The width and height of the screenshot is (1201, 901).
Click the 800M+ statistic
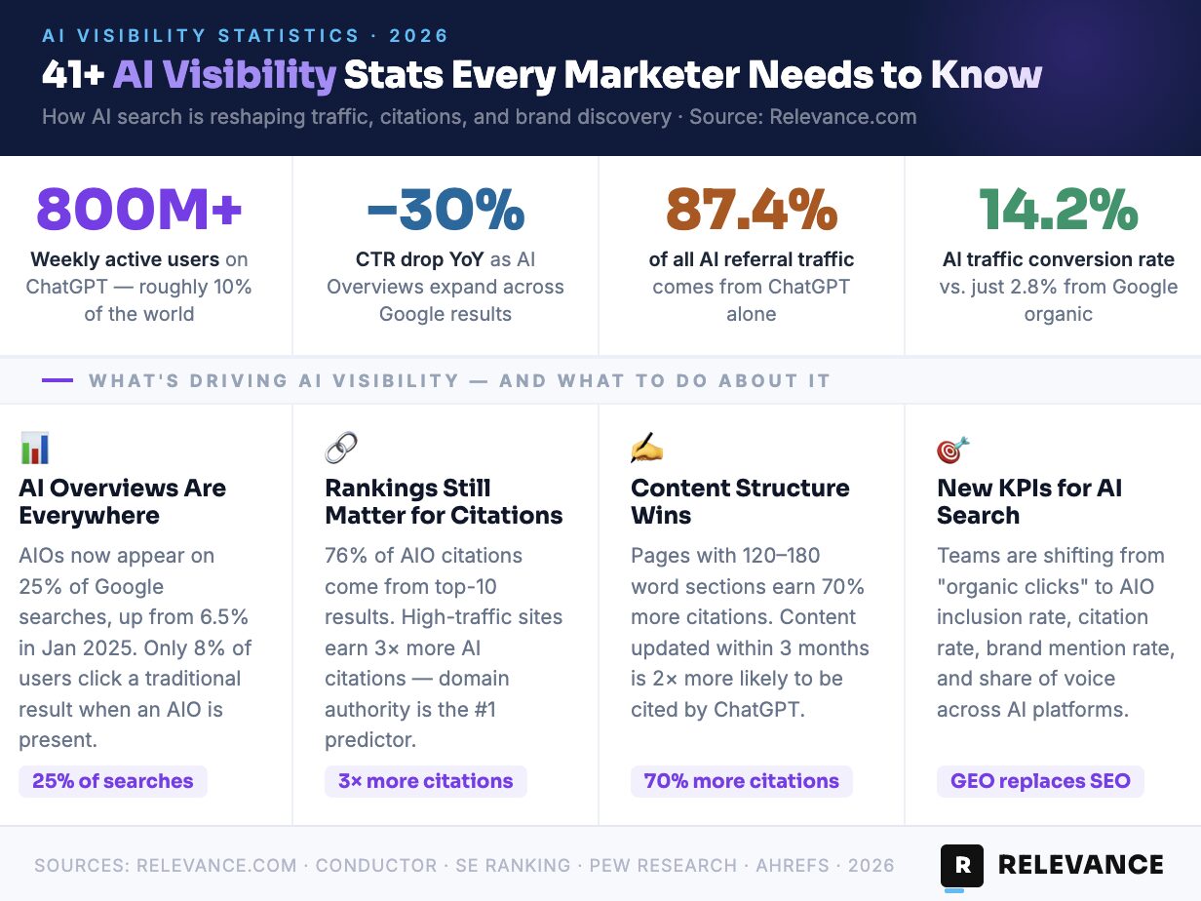click(x=139, y=208)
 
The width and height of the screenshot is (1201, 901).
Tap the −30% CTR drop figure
click(x=446, y=208)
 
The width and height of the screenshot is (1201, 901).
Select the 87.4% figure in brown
click(x=751, y=208)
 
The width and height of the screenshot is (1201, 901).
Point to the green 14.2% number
click(x=1058, y=208)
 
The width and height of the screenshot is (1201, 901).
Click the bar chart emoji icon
click(x=34, y=449)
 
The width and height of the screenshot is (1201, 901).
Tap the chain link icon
click(x=341, y=449)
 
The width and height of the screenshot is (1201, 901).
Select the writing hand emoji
click(x=647, y=449)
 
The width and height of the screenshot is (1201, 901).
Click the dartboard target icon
click(x=953, y=449)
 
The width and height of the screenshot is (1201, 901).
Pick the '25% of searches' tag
click(x=113, y=781)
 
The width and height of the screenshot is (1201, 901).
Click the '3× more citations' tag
click(x=425, y=781)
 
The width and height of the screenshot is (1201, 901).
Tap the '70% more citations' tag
click(x=741, y=781)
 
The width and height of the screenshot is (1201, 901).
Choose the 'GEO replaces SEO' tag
click(x=1040, y=781)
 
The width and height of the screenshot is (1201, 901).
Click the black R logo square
click(x=962, y=865)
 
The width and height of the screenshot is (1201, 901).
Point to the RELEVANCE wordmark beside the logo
click(x=1081, y=865)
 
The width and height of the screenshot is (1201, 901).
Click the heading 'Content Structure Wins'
click(x=740, y=501)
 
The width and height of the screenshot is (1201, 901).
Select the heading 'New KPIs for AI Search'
click(x=1029, y=501)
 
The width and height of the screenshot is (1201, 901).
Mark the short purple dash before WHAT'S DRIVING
click(x=58, y=380)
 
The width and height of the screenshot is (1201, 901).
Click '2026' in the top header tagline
click(x=419, y=36)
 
